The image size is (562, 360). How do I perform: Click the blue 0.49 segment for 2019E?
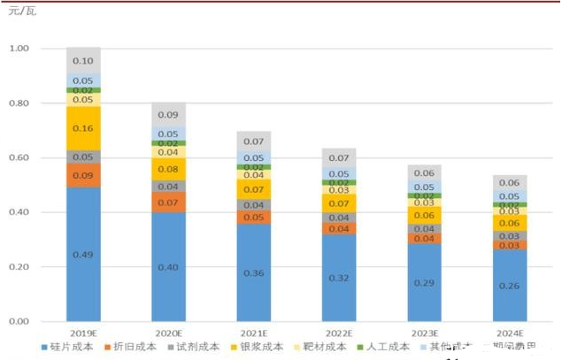click(x=83, y=254)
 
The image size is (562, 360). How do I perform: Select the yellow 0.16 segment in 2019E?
click(x=83, y=128)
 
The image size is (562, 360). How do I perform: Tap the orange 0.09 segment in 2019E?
click(x=83, y=175)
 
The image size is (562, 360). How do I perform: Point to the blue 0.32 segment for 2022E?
click(x=338, y=278)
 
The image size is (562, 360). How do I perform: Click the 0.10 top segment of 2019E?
click(x=83, y=60)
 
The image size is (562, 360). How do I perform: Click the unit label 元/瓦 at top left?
click(x=22, y=11)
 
